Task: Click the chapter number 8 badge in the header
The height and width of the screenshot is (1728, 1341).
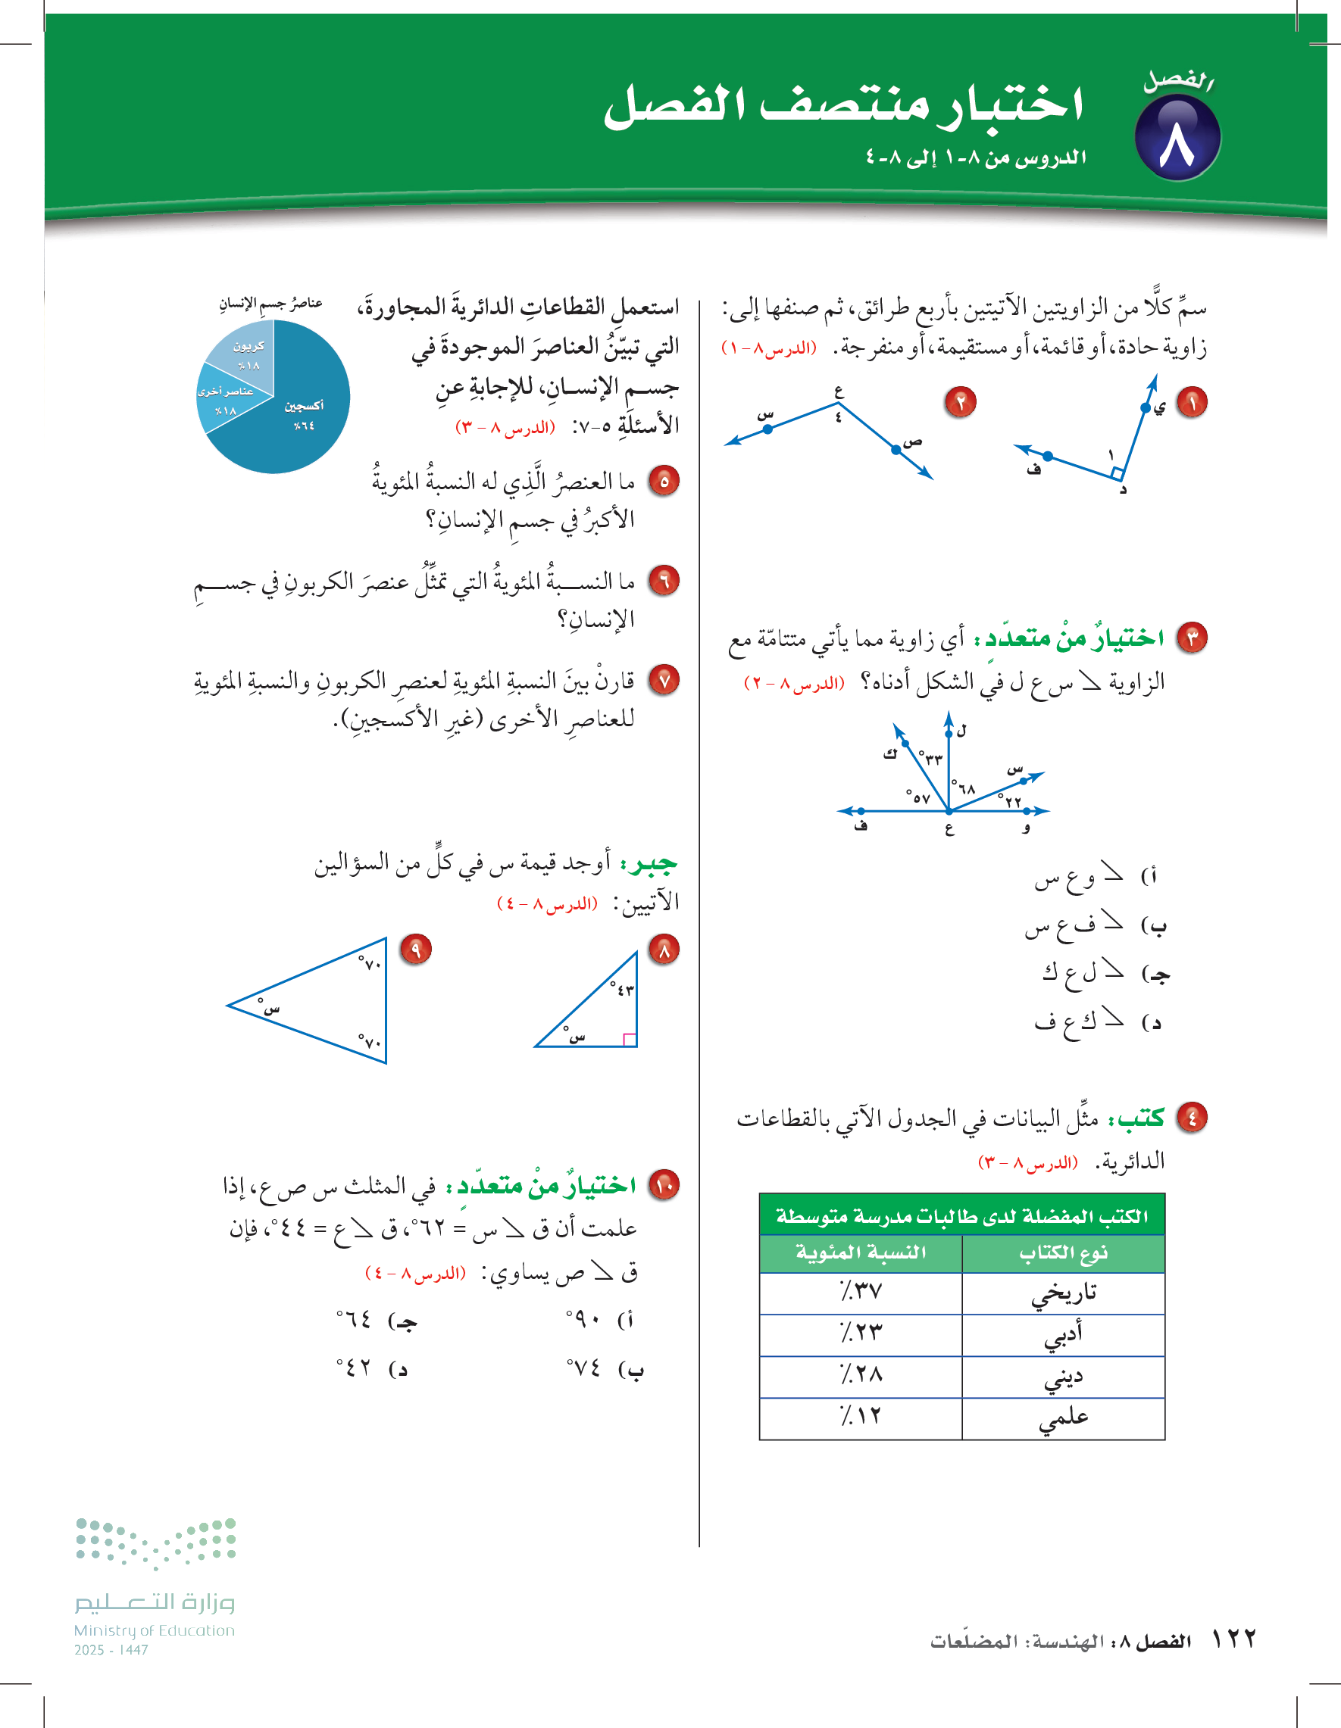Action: [1177, 139]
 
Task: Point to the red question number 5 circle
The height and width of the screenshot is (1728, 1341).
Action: [664, 480]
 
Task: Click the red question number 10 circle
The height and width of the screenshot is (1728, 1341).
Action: [664, 1184]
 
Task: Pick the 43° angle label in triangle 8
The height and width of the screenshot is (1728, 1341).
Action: [622, 989]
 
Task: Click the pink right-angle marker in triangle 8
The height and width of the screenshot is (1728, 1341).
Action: [630, 1040]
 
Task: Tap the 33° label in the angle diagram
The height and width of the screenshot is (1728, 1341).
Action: [931, 758]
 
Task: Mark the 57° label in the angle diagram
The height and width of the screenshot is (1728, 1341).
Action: [918, 797]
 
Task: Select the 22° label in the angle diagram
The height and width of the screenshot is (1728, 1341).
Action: [1010, 800]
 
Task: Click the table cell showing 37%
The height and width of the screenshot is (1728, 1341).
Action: [861, 1293]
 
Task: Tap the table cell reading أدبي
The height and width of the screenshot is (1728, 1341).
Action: [1063, 1335]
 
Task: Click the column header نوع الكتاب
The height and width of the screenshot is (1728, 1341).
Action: [1063, 1252]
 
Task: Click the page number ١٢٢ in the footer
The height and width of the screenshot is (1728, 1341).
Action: [1234, 1639]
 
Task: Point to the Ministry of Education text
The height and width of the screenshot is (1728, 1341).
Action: [155, 1630]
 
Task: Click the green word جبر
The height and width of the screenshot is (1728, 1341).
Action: [650, 863]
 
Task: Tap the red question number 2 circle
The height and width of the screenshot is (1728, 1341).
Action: [960, 402]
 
